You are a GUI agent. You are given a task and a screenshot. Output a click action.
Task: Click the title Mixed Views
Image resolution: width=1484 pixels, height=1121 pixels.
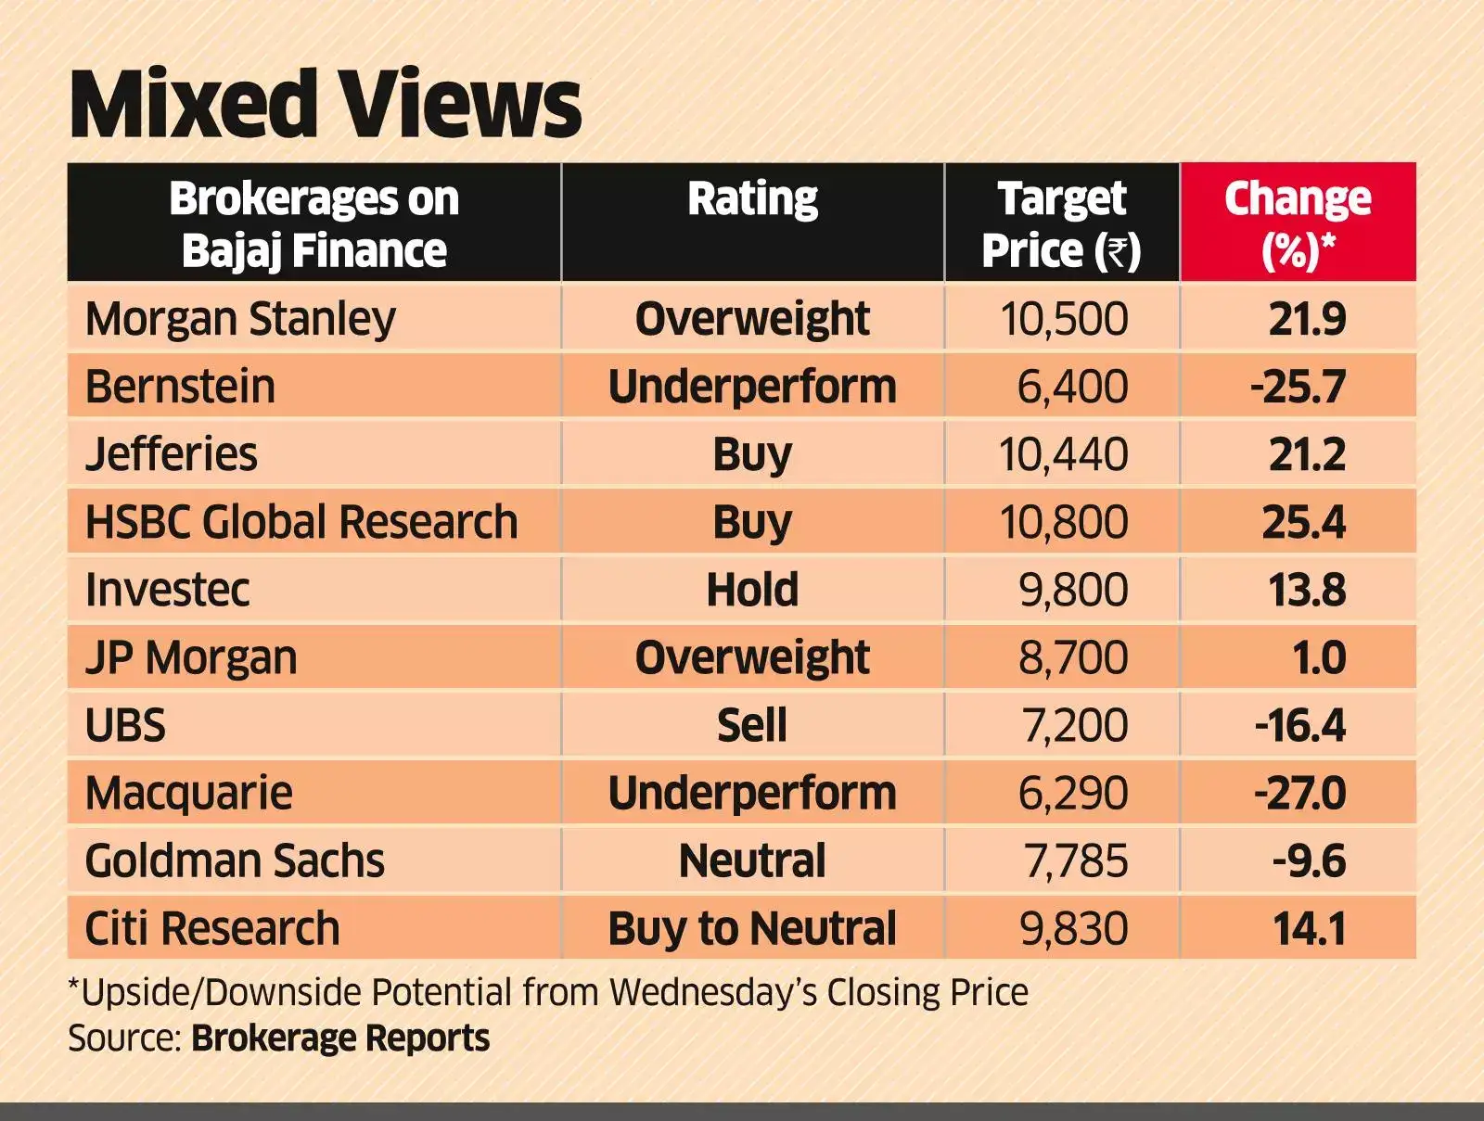pos(325,104)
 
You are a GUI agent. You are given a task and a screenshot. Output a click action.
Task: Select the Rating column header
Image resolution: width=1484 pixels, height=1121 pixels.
pos(752,199)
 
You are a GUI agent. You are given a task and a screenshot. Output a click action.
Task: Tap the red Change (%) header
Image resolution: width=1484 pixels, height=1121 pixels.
pos(1297,223)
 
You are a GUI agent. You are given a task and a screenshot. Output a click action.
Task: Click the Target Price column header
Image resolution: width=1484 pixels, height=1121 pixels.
pos(1061,223)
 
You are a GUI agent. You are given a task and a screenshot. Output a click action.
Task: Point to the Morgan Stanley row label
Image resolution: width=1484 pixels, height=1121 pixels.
pos(240,319)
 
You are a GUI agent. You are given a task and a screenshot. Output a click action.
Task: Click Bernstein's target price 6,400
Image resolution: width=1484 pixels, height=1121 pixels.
pos(1072,387)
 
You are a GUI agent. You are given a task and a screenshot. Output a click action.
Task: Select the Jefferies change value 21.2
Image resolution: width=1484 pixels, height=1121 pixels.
pos(1306,454)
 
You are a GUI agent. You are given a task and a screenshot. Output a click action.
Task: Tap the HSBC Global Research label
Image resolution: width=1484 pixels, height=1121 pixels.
pos(301,522)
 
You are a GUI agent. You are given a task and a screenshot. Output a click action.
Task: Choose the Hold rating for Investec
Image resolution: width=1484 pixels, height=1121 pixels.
pos(752,590)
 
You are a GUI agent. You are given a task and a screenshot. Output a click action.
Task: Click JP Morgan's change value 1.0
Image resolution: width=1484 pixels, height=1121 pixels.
pos(1318,657)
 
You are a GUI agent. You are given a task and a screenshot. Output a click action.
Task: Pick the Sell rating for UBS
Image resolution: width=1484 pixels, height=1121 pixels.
pos(752,725)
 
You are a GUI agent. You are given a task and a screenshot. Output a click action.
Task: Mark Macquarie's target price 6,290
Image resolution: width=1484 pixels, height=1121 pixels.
pos(1072,793)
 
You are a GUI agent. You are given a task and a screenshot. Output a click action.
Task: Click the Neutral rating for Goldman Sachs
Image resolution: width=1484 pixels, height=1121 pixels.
pos(752,860)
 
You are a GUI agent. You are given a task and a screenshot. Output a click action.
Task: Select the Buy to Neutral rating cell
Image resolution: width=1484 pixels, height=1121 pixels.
pos(752,928)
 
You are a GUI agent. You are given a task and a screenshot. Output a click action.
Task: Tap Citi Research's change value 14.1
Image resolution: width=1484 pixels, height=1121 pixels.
pos(1309,928)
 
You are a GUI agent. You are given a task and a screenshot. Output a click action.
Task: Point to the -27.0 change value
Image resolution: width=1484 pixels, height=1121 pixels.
pos(1299,793)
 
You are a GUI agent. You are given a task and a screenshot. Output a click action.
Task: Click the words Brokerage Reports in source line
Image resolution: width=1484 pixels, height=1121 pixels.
pos(340,1038)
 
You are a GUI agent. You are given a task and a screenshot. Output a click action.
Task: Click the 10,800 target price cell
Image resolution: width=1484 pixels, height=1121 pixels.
pos(1063,522)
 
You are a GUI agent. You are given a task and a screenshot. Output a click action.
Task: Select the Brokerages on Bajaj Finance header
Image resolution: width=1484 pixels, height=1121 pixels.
pos(313,223)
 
